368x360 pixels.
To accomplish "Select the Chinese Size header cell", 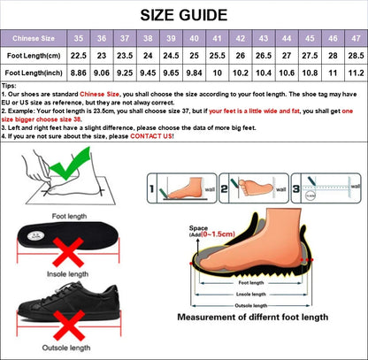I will pyautogui.click(x=34, y=39).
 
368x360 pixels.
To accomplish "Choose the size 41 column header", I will pyautogui.click(x=217, y=39).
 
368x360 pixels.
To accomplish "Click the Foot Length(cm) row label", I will pyautogui.click(x=34, y=56).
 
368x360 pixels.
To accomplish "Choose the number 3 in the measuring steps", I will pyautogui.click(x=296, y=188).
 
